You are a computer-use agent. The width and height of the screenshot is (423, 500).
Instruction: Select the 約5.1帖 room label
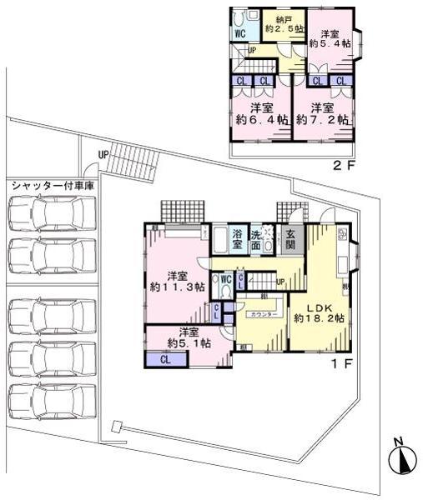click(x=188, y=337)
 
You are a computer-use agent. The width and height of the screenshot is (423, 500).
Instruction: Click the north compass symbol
click(x=401, y=459)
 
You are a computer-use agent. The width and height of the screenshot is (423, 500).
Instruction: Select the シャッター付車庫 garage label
click(x=52, y=184)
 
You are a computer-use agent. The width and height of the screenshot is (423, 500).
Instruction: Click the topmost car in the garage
click(x=46, y=213)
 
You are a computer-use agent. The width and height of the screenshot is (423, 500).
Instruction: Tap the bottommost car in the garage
click(x=46, y=402)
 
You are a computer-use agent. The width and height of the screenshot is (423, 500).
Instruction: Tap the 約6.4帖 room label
click(x=261, y=114)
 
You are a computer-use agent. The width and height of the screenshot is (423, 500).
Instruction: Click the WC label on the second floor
click(x=239, y=35)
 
